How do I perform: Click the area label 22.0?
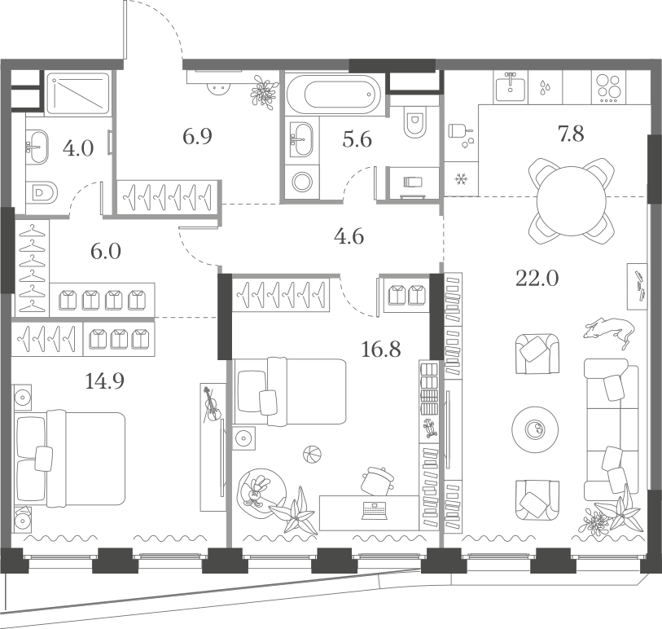pos(537,279)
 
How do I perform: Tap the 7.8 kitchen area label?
pos(571,134)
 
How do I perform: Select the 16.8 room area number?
pos(381,350)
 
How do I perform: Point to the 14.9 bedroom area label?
pos(104,381)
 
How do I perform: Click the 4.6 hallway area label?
pos(349,236)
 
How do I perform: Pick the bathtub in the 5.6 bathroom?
pos(333,95)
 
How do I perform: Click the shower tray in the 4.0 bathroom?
pos(77,94)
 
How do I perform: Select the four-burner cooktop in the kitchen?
pos(608,88)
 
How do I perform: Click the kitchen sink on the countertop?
pos(511,87)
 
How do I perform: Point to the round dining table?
pos(571,201)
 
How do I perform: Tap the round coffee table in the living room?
pos(535,430)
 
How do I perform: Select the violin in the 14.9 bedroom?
pos(211,405)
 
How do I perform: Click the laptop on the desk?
pos(374,510)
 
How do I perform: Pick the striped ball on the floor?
pos(312,455)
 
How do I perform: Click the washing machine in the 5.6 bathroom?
pos(302,182)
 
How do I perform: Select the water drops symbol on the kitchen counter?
pos(545,88)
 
